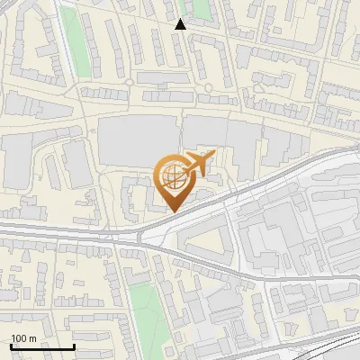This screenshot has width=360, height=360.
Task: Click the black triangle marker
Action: pyautogui.click(x=181, y=24)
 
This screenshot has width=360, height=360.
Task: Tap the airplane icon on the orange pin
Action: pyautogui.click(x=197, y=165)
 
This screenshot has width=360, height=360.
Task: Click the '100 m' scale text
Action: pyautogui.click(x=23, y=339)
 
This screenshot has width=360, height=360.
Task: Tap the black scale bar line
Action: pyautogui.click(x=42, y=347)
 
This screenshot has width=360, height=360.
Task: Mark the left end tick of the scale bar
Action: pyautogui.click(x=11, y=346)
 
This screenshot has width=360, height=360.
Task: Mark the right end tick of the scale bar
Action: pyautogui.click(x=74, y=346)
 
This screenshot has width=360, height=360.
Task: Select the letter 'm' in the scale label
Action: pyautogui.click(x=32, y=339)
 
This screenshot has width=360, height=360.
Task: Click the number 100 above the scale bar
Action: pyautogui.click(x=19, y=339)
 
